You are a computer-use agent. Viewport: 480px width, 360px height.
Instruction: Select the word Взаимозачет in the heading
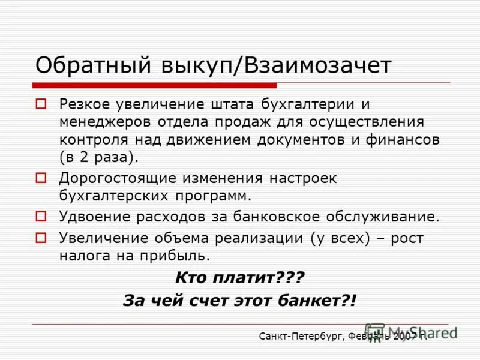coord(317,65)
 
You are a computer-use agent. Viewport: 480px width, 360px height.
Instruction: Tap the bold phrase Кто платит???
coord(239,278)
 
